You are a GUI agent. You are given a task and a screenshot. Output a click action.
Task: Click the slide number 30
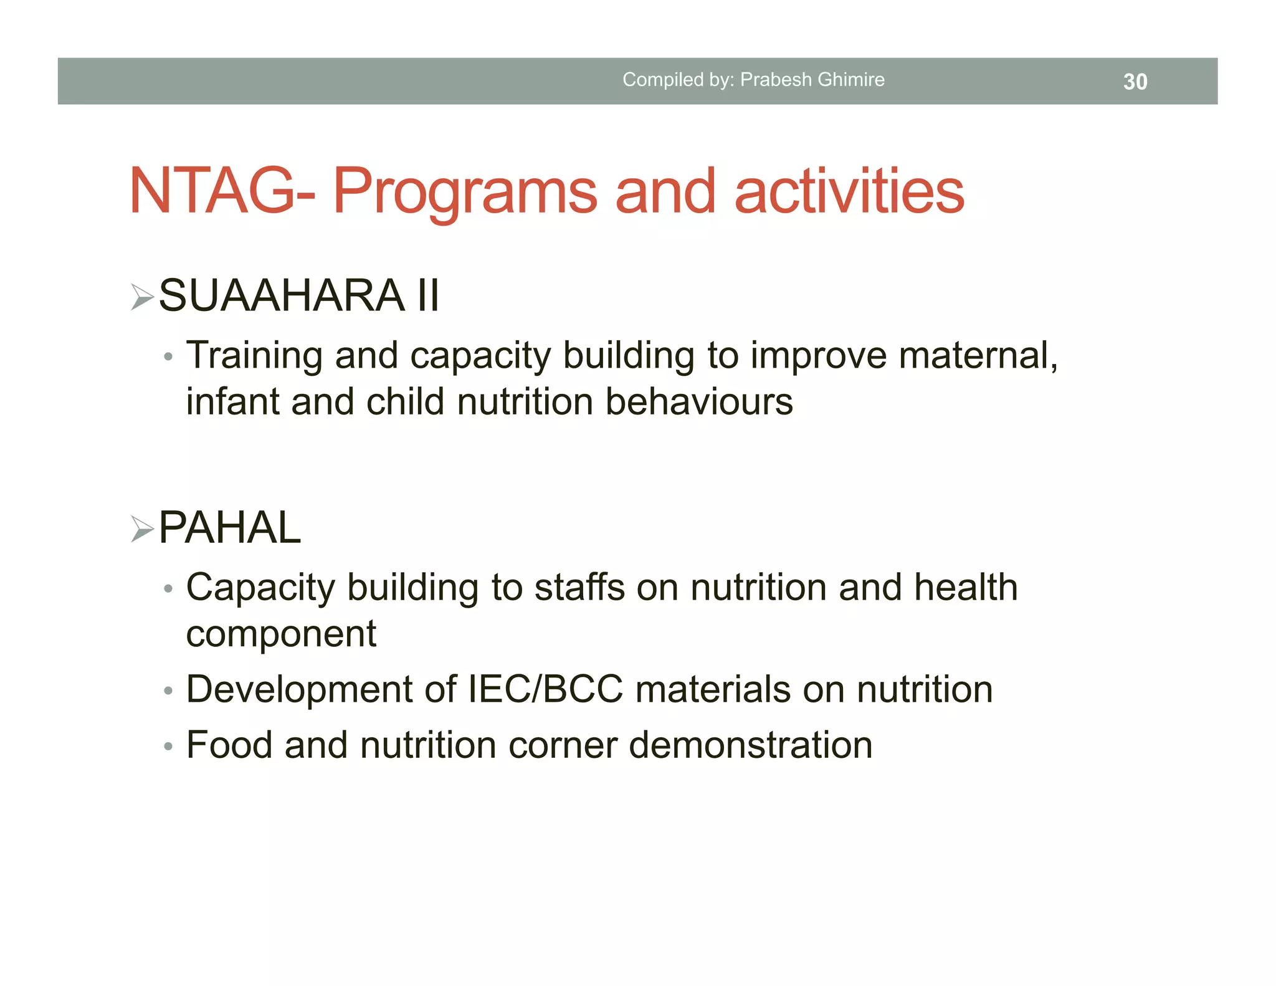click(1135, 82)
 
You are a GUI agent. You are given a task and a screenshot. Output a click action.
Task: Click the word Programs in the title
click(465, 193)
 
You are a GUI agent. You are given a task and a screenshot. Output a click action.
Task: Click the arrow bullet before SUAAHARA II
click(142, 297)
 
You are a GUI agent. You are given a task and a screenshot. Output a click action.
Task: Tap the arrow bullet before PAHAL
click(142, 529)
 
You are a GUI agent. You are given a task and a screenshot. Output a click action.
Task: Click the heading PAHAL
click(230, 528)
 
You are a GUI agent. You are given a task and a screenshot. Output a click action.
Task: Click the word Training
click(254, 356)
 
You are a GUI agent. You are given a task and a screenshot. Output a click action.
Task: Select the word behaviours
click(699, 402)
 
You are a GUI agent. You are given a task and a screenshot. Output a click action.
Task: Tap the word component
click(281, 634)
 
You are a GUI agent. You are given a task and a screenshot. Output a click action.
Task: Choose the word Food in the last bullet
click(229, 745)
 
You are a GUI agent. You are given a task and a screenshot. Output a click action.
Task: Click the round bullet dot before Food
click(168, 746)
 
